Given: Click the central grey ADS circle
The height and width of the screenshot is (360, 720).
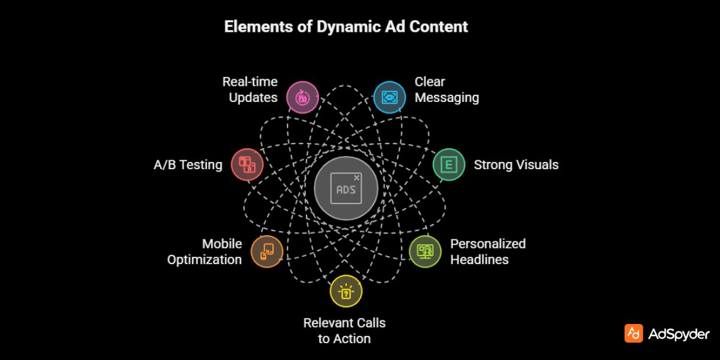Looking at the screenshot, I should coord(346,189).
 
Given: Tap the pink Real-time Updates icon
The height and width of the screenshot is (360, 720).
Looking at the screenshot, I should coord(302,97).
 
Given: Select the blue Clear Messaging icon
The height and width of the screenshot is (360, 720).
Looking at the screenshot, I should coord(389,97).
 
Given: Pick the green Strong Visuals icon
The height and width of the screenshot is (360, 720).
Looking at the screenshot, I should coord(449,164).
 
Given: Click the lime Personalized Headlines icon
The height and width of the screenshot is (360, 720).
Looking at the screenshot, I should coord(425,251).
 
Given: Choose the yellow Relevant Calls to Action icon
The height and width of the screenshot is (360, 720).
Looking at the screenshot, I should coord(346,291).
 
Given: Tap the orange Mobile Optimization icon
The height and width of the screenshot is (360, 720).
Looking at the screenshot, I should coord(266,251).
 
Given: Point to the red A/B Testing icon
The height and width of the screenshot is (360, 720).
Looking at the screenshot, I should coord(247,164).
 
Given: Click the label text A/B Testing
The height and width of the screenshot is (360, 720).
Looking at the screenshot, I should coord(188,164).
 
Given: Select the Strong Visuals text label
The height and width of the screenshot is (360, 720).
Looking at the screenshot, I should coord(516,164).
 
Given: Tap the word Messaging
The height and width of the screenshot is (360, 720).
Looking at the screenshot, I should coord(446,97).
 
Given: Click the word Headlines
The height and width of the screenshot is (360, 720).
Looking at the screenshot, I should coord(479,259).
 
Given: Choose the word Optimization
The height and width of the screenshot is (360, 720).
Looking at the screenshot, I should coord(204,259).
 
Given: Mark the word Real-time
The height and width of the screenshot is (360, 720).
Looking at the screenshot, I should coord(250,82).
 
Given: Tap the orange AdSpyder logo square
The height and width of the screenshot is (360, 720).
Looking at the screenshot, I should coord(634,334).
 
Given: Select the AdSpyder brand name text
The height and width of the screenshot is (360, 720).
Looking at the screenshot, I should coord(679,334).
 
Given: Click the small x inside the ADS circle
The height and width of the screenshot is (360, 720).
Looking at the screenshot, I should coord(357,178).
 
